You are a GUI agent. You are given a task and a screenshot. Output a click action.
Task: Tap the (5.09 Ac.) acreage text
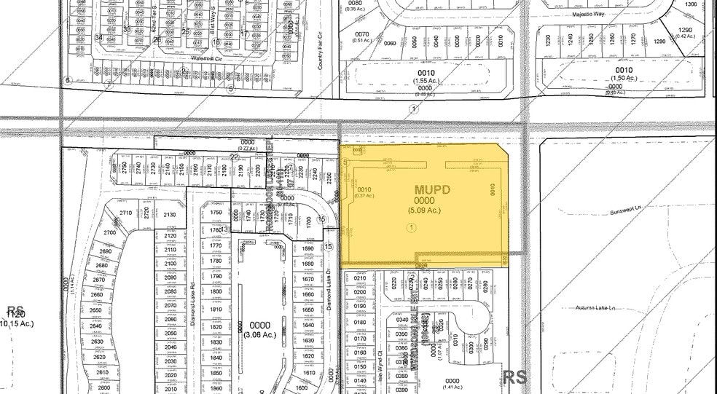click(424, 210)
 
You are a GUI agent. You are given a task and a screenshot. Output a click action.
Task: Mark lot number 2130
click(171, 214)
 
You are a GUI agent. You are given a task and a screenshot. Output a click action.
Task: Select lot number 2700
click(109, 232)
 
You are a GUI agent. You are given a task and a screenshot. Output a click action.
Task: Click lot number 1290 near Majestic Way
click(684, 30)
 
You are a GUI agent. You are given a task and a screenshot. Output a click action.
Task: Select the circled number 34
click(98, 37)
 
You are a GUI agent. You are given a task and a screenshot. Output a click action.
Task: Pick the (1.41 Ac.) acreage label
click(452, 389)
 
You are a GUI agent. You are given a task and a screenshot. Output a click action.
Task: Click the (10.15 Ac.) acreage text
click(16, 323)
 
